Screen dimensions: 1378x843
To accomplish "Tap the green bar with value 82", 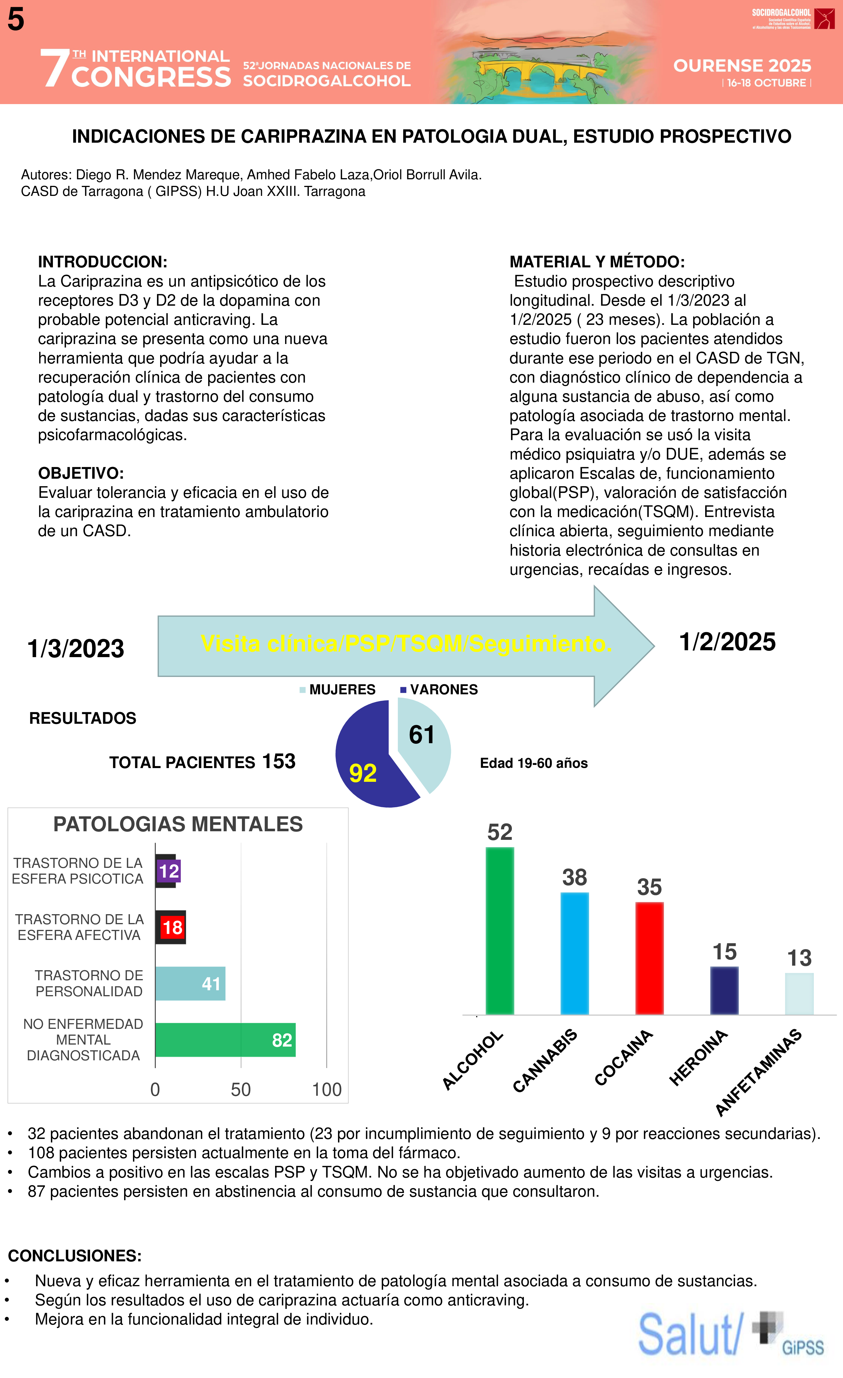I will click(225, 1040).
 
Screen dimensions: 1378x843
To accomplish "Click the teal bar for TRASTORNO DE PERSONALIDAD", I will click(190, 983).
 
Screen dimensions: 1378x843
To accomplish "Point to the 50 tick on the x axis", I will click(241, 1089).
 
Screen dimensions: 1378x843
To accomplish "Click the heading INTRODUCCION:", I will click(102, 262).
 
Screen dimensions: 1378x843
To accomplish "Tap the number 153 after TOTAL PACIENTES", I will click(279, 761).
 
